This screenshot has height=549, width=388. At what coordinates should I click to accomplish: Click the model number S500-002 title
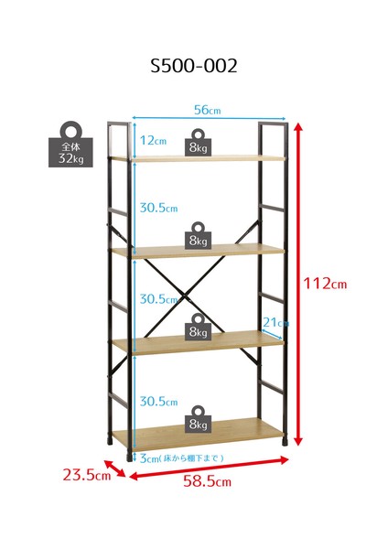tap(194, 66)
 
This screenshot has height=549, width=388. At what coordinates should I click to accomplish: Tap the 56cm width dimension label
tap(208, 110)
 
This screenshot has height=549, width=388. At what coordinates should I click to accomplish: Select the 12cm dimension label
tap(153, 140)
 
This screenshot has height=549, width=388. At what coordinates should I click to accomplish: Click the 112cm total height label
tap(325, 283)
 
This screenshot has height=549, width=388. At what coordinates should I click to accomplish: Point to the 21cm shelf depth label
tap(276, 322)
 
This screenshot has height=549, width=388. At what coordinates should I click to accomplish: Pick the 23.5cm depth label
tap(87, 475)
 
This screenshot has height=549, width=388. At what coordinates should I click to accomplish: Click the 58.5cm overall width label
tap(207, 481)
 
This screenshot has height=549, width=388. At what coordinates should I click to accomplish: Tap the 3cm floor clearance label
tap(181, 458)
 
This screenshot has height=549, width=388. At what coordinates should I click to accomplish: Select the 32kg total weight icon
tap(70, 145)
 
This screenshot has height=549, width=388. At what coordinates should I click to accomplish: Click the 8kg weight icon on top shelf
tap(198, 142)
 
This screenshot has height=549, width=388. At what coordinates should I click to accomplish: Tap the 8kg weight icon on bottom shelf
tap(199, 419)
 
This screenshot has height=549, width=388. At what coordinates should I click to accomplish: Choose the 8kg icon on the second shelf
tap(199, 236)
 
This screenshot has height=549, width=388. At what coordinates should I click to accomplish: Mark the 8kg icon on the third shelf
tap(199, 327)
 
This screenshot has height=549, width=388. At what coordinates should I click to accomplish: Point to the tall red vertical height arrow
tap(297, 284)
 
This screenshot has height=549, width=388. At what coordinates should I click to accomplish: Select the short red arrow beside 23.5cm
tap(115, 468)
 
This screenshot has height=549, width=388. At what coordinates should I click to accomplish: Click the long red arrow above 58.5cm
tap(209, 468)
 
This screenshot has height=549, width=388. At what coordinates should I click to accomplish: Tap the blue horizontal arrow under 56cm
tap(209, 119)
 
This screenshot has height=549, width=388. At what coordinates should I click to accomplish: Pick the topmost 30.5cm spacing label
tap(158, 208)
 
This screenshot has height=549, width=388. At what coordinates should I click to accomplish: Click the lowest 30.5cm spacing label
tap(158, 402)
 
